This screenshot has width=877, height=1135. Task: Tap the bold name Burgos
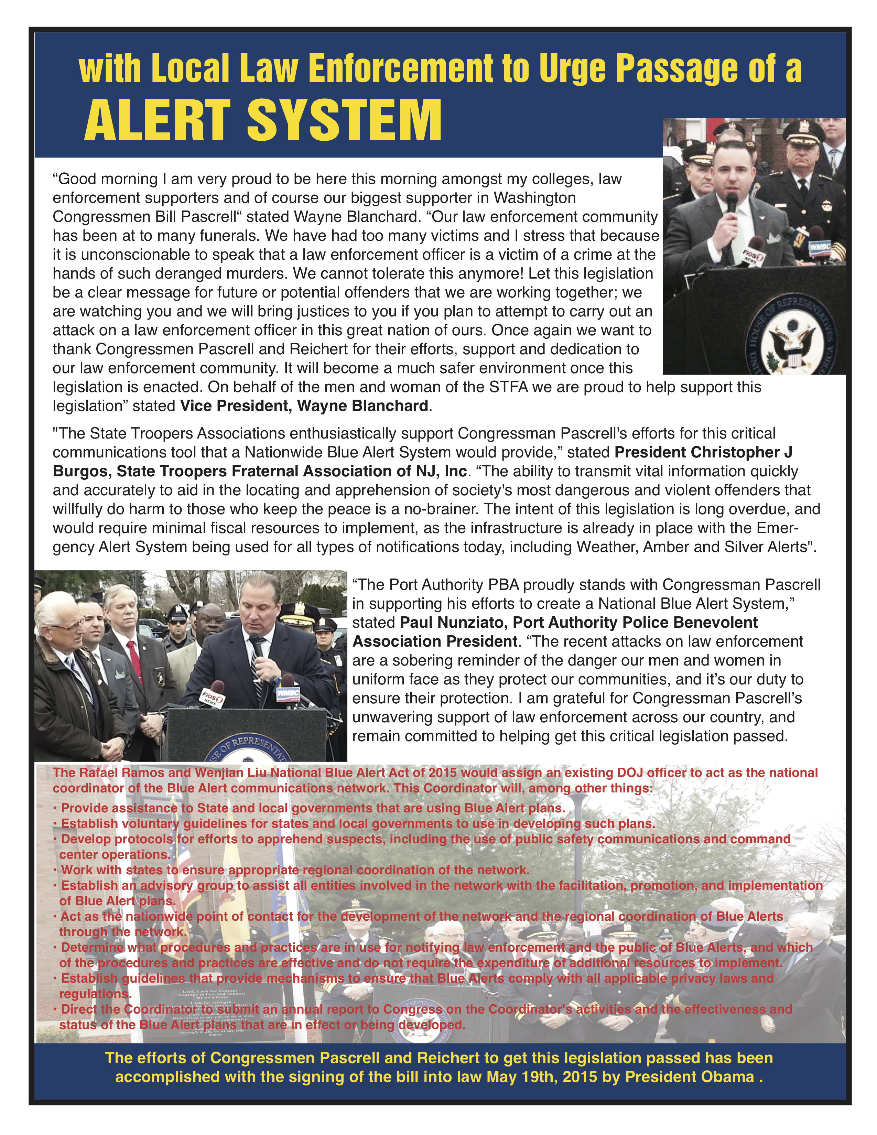tap(82, 471)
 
